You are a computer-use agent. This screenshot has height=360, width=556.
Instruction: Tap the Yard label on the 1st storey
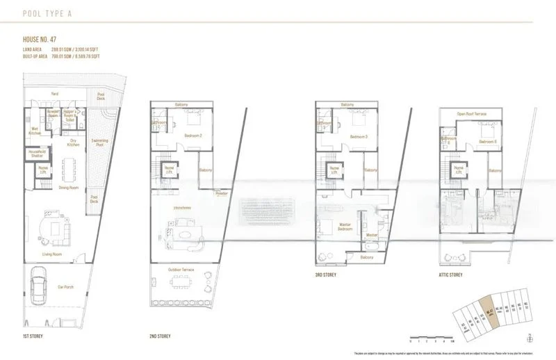pos(54,93)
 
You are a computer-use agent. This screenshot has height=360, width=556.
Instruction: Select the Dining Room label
pos(68,188)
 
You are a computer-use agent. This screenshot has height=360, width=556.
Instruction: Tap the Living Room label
pos(53,254)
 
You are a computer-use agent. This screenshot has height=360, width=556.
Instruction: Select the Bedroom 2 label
pos(193,136)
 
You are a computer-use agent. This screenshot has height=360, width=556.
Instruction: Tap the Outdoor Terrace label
pos(182,270)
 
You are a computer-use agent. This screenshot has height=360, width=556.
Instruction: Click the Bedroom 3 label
pos(359,136)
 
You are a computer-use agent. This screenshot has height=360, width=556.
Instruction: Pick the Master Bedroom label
pos(345,227)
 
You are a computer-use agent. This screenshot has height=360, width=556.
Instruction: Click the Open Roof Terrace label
pos(471,113)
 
